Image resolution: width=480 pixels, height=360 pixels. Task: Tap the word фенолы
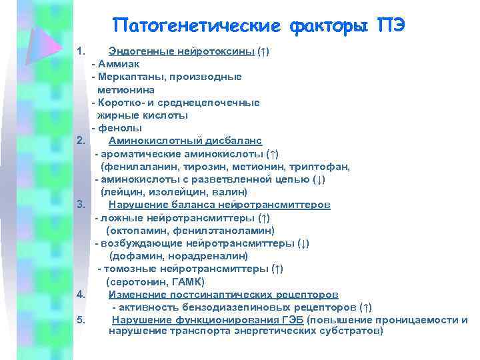[120, 128]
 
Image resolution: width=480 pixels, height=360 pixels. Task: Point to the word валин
[213, 191]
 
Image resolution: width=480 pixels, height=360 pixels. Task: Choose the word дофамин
[134, 255]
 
